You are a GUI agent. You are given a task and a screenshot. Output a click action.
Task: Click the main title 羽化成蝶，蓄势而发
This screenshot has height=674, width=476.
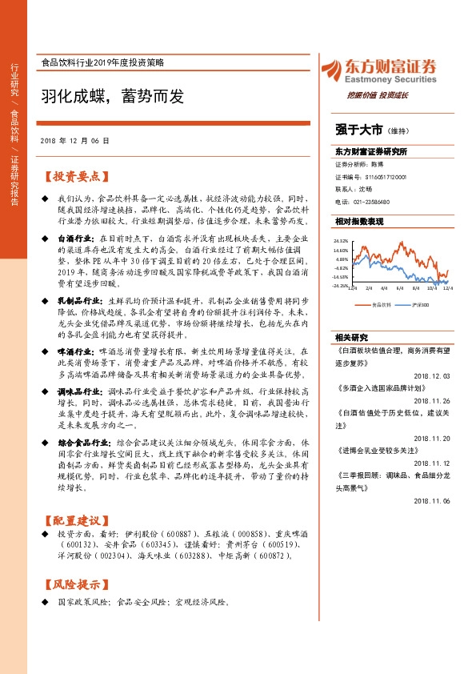[113, 97]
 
